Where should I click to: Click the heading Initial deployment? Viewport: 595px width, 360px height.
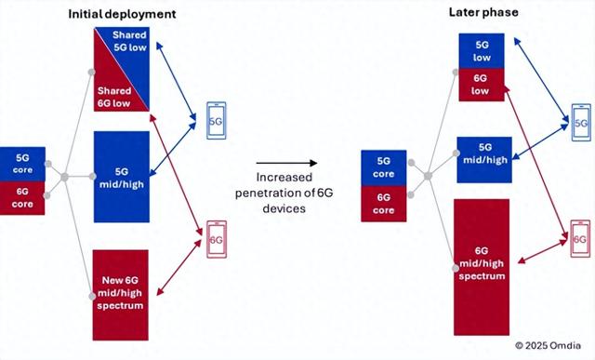click(122, 15)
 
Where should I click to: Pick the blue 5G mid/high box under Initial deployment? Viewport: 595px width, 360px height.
click(123, 177)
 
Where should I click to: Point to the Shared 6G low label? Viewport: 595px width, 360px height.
click(114, 97)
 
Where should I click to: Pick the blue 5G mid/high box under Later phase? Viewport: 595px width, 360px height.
click(483, 153)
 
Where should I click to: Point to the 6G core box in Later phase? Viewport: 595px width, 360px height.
click(383, 203)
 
